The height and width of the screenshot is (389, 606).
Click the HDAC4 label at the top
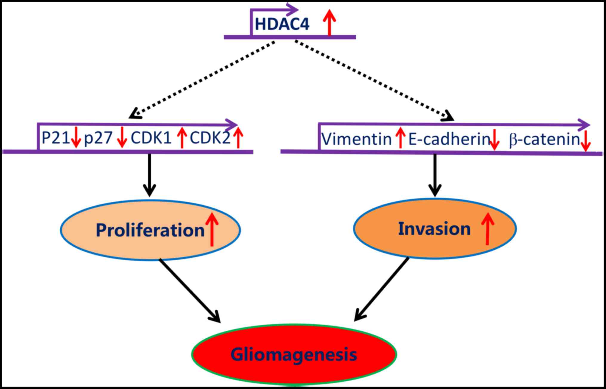point(282,24)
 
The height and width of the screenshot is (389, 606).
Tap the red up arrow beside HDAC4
point(329,22)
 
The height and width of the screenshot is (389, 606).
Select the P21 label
point(55,138)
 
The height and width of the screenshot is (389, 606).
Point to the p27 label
point(98,138)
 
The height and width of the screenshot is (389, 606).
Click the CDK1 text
point(151,138)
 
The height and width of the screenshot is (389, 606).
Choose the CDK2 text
point(210,138)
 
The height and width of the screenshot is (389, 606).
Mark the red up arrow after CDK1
point(182,138)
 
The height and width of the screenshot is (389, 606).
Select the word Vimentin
point(357,139)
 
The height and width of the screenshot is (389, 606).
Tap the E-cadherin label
point(449,139)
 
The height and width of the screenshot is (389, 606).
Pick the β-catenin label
point(544,139)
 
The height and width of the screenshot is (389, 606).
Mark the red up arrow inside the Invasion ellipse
point(488,229)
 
